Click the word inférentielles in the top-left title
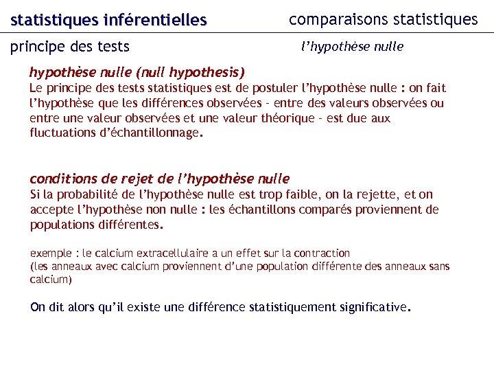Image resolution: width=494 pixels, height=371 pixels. [x=154, y=21]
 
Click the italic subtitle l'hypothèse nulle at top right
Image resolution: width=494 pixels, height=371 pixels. [x=353, y=47]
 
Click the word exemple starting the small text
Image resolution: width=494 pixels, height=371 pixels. [x=51, y=254]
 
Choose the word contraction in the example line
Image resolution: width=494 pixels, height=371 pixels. [x=323, y=254]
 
